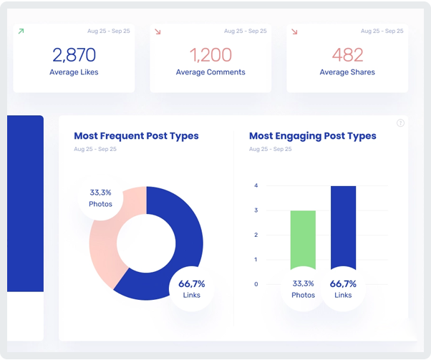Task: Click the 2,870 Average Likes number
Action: pyautogui.click(x=74, y=54)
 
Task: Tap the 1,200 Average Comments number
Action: pyautogui.click(x=210, y=54)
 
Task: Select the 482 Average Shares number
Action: pyautogui.click(x=347, y=54)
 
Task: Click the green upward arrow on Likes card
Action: pyautogui.click(x=21, y=31)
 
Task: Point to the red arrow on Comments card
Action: pyautogui.click(x=158, y=31)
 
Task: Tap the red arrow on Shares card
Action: pyautogui.click(x=294, y=31)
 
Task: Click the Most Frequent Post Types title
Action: pyautogui.click(x=136, y=136)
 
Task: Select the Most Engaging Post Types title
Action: pyautogui.click(x=312, y=136)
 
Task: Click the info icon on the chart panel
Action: pyautogui.click(x=400, y=123)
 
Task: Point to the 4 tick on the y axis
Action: pyautogui.click(x=256, y=186)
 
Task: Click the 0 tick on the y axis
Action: pyautogui.click(x=256, y=284)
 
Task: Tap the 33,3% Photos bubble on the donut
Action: pyautogui.click(x=100, y=198)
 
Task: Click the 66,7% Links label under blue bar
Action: pyautogui.click(x=343, y=289)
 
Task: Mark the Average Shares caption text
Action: pyautogui.click(x=347, y=72)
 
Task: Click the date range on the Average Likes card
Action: pyautogui.click(x=109, y=31)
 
